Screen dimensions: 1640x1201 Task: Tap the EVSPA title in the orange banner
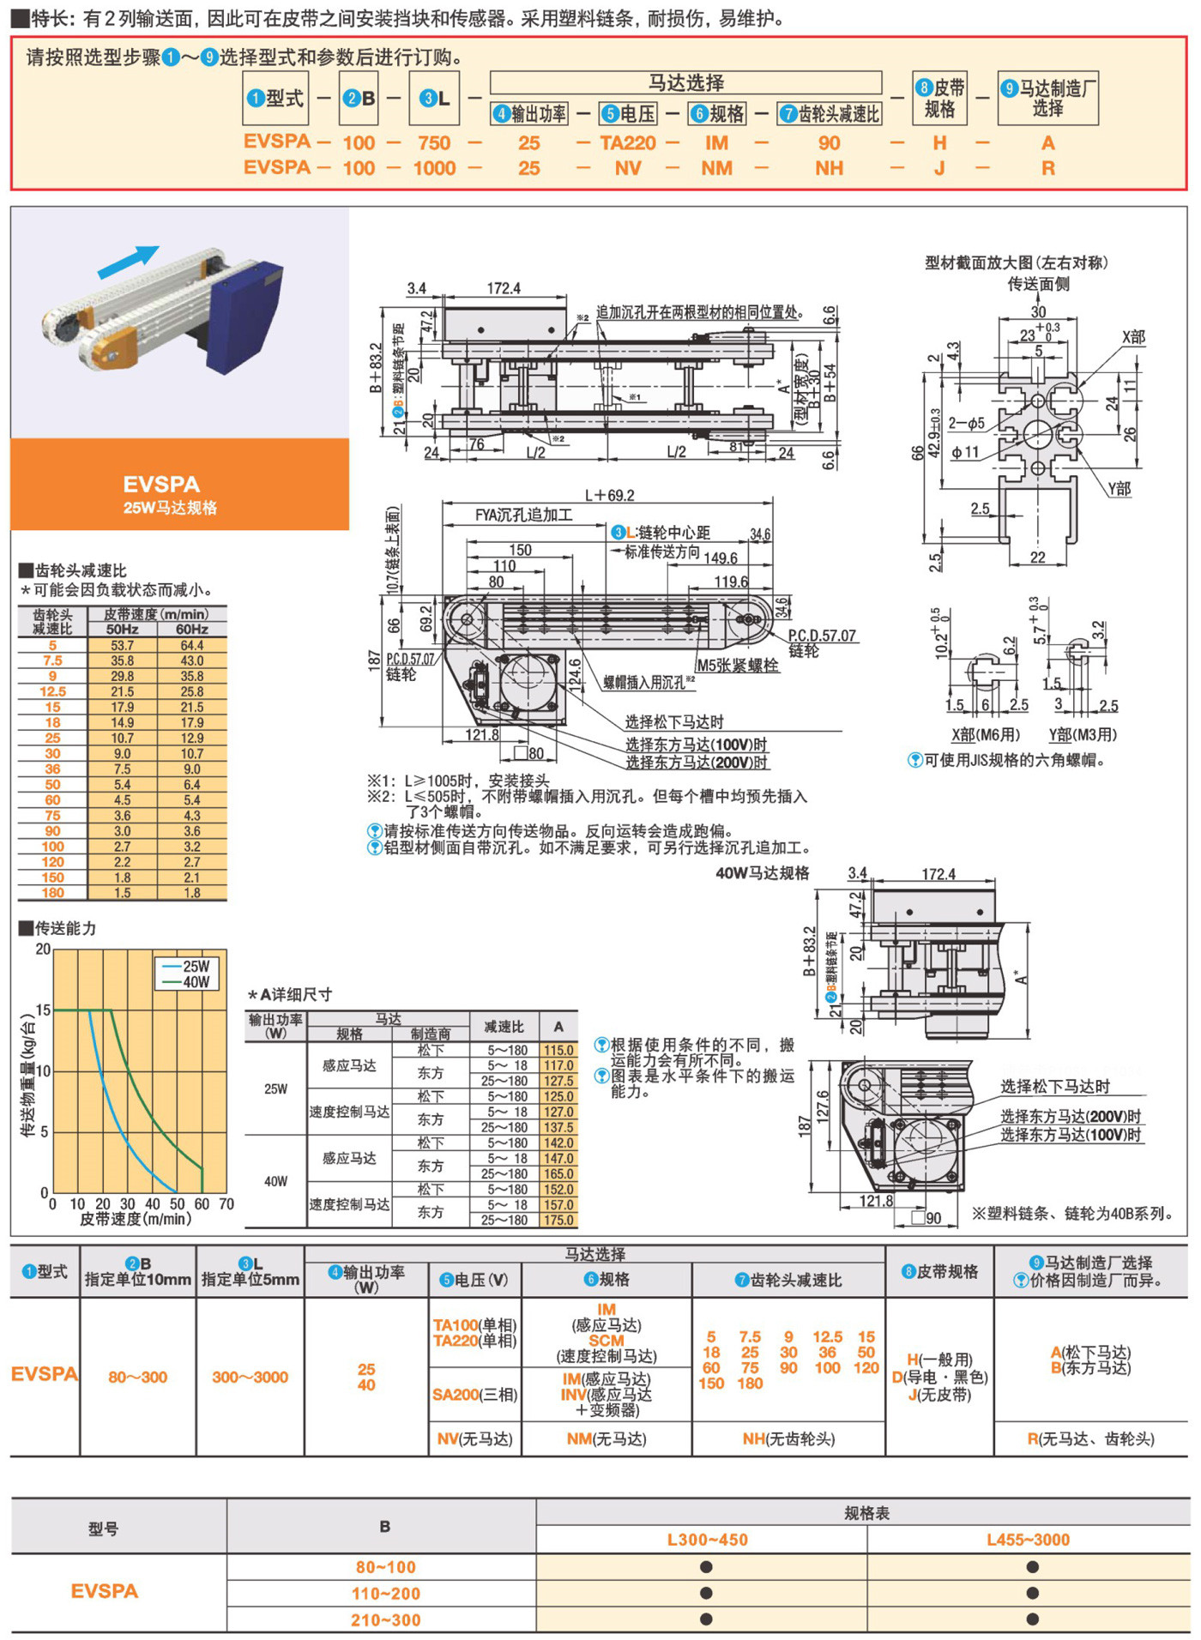coord(161,485)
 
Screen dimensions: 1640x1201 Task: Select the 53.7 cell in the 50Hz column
coord(123,645)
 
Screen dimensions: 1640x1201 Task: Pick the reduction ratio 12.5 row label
coord(52,691)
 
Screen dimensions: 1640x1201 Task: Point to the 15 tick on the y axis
coord(43,1010)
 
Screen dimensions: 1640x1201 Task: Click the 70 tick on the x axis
coord(226,1204)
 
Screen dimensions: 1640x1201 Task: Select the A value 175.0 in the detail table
coord(558,1220)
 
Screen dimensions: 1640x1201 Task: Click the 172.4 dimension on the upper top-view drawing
coord(504,288)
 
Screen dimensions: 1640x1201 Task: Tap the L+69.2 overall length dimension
coord(610,496)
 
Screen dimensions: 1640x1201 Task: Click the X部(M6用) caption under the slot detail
coord(986,734)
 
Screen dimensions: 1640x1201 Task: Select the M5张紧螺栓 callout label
coord(737,666)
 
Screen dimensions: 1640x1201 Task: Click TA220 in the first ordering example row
coord(628,143)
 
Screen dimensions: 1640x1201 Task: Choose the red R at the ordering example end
coord(1048,168)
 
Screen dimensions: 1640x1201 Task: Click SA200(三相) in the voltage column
coord(475,1395)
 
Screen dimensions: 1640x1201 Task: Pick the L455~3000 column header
coord(1028,1540)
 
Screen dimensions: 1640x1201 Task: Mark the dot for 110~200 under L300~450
coord(706,1594)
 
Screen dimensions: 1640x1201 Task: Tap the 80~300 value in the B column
coord(137,1377)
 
